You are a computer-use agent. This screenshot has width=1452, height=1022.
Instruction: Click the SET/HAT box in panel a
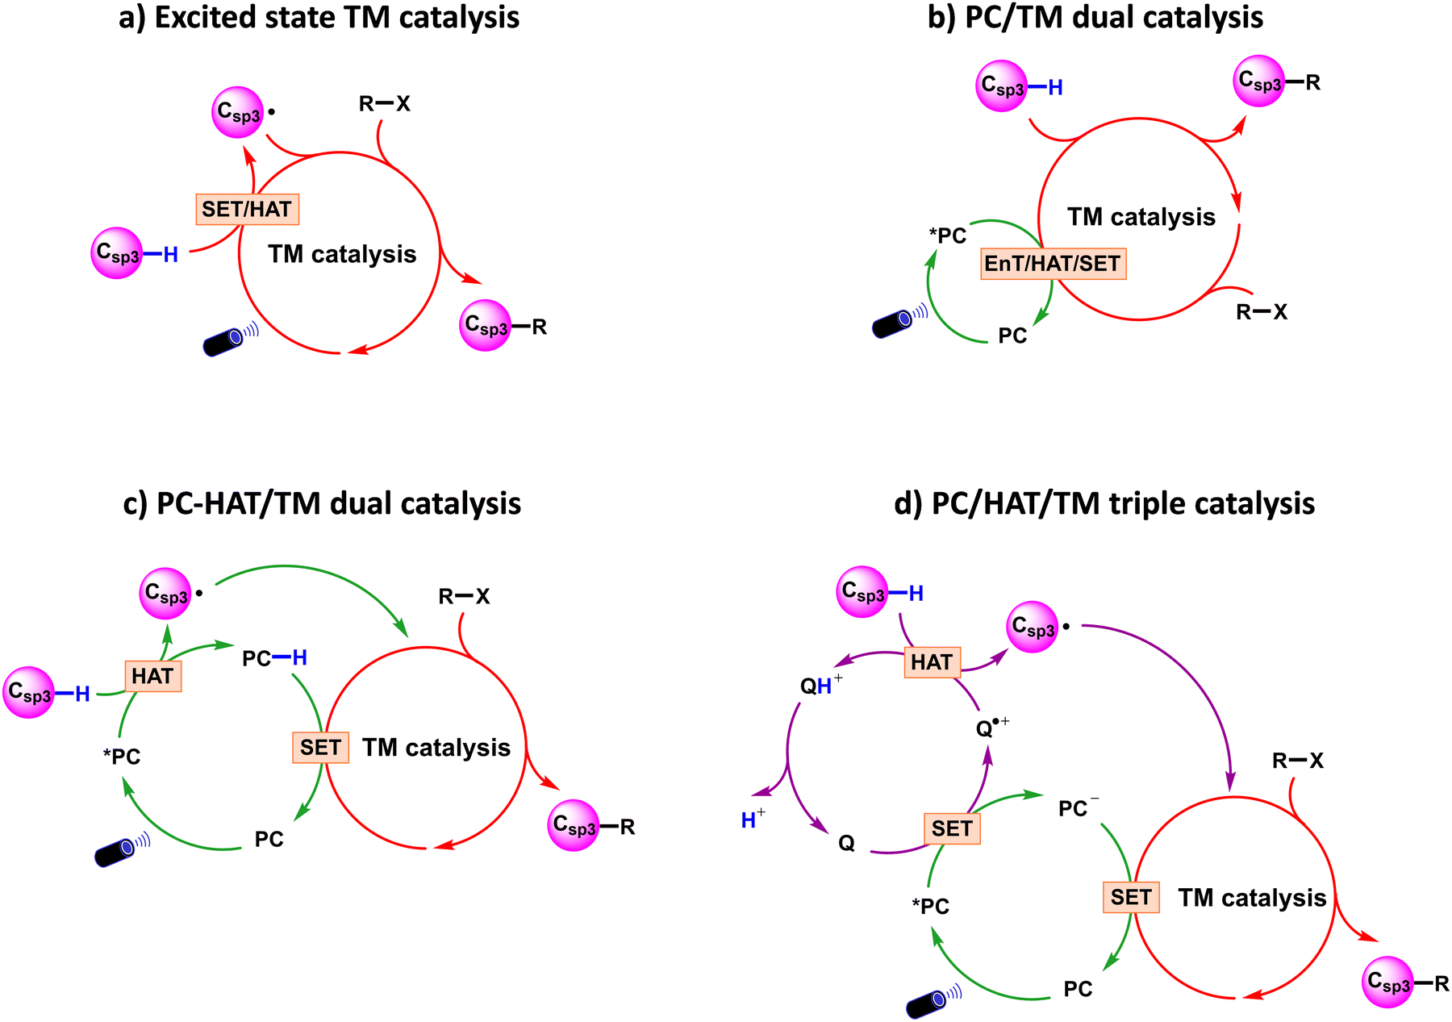(x=247, y=209)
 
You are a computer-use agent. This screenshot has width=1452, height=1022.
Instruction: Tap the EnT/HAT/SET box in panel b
(x=1053, y=264)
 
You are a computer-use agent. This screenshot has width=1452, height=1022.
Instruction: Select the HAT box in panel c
(x=152, y=676)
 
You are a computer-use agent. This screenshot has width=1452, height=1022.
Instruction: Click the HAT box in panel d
(x=932, y=662)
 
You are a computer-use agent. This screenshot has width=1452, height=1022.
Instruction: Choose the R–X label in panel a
(x=385, y=104)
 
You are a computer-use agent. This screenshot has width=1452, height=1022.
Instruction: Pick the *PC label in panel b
(x=947, y=236)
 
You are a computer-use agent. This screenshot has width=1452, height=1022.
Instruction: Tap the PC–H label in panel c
(x=274, y=659)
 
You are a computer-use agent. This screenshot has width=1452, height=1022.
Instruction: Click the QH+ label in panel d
(x=820, y=686)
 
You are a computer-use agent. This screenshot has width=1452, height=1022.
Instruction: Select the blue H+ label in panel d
(x=752, y=820)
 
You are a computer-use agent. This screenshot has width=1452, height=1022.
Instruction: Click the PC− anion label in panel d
(x=1078, y=807)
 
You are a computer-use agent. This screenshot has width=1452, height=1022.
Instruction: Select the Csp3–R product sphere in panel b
(x=1258, y=81)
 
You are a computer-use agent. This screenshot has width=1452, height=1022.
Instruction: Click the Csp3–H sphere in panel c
(x=29, y=692)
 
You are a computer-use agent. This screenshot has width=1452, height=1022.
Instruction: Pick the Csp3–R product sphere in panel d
(x=1387, y=982)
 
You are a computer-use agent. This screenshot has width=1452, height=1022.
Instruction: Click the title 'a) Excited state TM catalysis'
(x=319, y=18)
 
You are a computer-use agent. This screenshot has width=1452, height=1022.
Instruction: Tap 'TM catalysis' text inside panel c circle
(x=436, y=748)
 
